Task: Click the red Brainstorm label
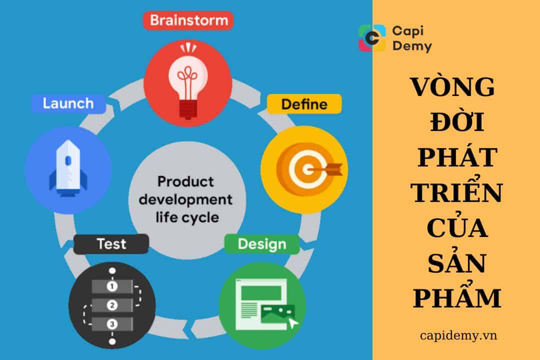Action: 188,21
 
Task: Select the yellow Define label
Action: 304,104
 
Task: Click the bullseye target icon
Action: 304,167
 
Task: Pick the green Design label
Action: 262,244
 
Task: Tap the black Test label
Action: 111,244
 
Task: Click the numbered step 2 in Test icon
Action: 112,305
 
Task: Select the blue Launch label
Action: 68,103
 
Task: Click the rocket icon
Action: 68,167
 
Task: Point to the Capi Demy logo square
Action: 372,38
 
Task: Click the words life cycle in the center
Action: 185,217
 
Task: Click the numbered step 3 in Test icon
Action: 112,323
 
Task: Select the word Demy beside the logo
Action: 412,47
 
